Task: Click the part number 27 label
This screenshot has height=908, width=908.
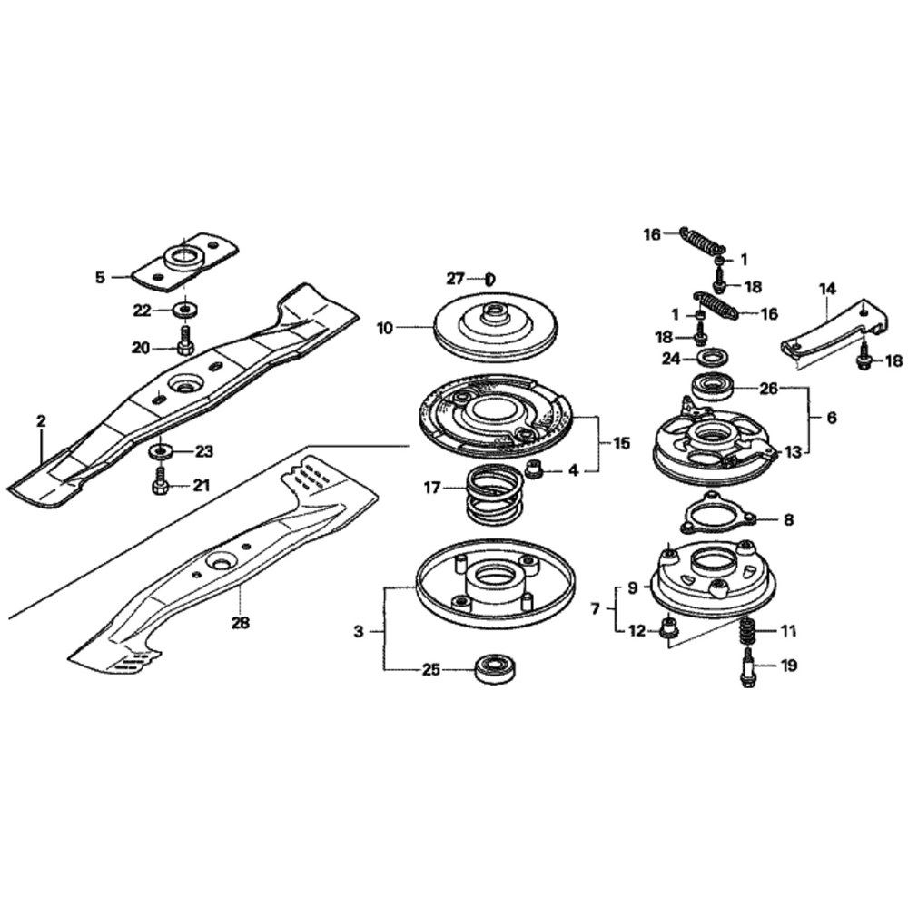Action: pos(455,279)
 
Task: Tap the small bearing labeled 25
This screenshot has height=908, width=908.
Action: pos(495,669)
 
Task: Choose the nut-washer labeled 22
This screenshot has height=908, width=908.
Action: pos(184,309)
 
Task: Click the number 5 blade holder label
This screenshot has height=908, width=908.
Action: pos(100,278)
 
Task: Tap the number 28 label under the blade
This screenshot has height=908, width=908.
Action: pos(241,623)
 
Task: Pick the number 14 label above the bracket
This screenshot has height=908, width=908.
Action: pos(828,289)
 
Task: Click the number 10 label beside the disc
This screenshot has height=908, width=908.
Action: pos(384,329)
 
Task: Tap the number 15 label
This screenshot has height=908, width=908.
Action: pos(622,444)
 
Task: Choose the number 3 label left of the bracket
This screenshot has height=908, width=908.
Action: pos(359,631)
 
